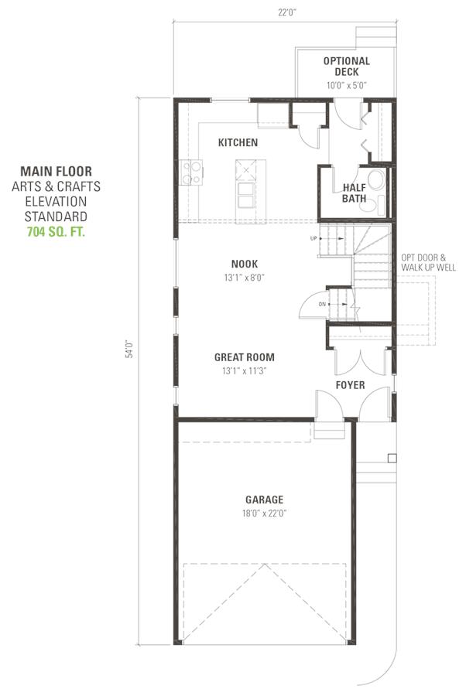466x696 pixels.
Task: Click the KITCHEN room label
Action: click(238, 142)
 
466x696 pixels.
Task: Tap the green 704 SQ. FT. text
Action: click(56, 232)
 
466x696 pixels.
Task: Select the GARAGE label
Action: click(264, 500)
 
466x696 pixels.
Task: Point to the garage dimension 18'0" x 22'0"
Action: click(264, 513)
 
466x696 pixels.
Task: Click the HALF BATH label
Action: click(354, 193)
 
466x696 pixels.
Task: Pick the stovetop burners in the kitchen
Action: click(191, 172)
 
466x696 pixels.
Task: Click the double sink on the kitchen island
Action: click(246, 195)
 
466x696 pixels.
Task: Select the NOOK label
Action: click(245, 264)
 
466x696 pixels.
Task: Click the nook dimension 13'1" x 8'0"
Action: click(245, 278)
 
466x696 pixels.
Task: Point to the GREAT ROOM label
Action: click(245, 357)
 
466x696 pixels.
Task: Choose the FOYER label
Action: click(350, 385)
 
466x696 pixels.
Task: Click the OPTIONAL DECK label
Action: click(347, 67)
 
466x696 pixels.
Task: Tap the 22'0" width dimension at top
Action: click(287, 12)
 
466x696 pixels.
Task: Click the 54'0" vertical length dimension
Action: click(129, 349)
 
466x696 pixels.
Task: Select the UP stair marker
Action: click(314, 238)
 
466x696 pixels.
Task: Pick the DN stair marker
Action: click(322, 304)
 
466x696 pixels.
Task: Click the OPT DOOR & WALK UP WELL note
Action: click(428, 262)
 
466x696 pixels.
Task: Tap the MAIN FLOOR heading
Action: click(56, 172)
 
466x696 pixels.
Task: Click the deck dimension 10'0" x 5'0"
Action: click(347, 86)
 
